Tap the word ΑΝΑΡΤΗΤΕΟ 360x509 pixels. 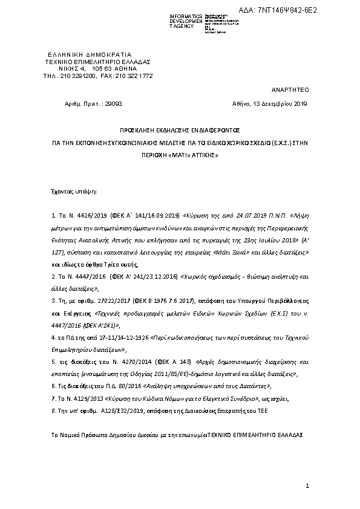[291, 88]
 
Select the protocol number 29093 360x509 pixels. [113, 104]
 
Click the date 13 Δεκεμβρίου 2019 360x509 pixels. [278, 104]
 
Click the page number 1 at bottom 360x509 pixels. [307, 486]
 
